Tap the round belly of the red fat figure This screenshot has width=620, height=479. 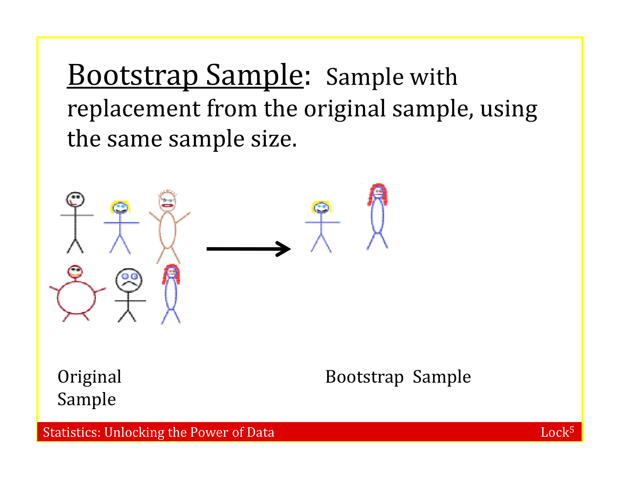[x=76, y=298]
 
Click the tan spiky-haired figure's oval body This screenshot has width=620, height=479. [x=167, y=230]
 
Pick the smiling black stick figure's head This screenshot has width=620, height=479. [x=75, y=199]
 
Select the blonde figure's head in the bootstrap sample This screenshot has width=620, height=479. [x=321, y=208]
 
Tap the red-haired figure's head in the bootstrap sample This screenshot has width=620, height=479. [x=378, y=193]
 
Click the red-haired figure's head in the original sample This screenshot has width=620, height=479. [x=171, y=272]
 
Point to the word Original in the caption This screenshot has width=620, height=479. [x=89, y=377]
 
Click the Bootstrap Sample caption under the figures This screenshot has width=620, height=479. [x=398, y=377]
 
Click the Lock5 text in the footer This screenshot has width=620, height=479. [x=557, y=432]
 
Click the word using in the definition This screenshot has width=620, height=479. [x=508, y=109]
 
